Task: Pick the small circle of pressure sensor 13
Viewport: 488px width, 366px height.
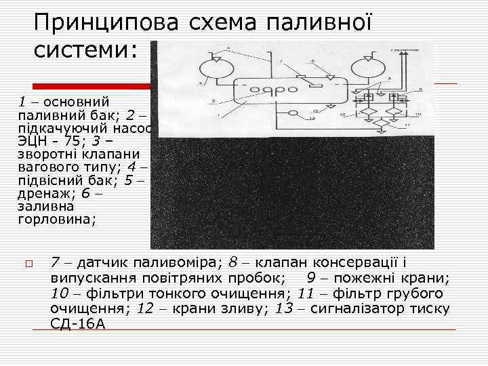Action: click(293, 113)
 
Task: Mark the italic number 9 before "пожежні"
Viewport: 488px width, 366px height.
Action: click(311, 277)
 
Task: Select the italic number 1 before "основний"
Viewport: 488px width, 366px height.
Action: click(22, 102)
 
